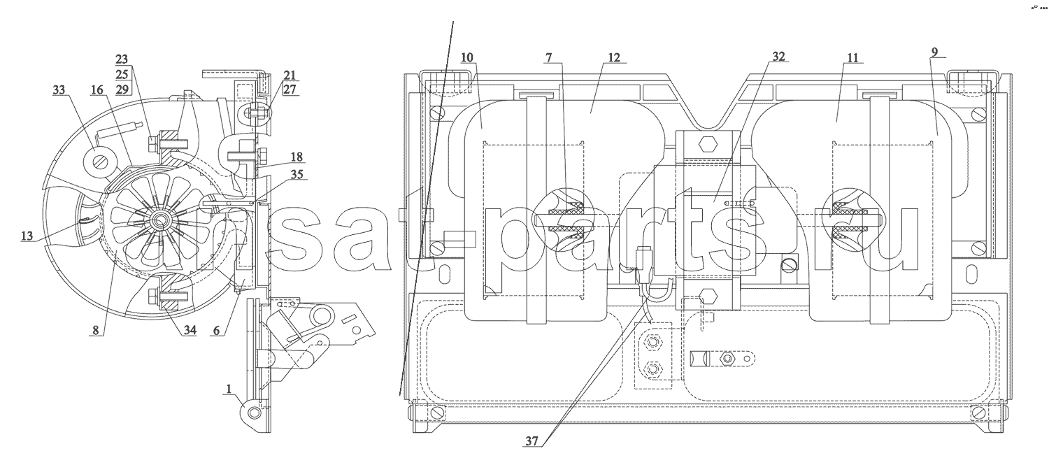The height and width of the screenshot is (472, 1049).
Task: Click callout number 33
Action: pyautogui.click(x=59, y=90)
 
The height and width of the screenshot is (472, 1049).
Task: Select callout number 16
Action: pyautogui.click(x=97, y=90)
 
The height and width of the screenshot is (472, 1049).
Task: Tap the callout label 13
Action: pyautogui.click(x=27, y=236)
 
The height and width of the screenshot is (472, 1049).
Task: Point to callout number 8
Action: pyautogui.click(x=96, y=330)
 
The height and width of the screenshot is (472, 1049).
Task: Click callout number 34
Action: pyautogui.click(x=190, y=330)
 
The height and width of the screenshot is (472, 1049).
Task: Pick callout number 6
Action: pyautogui.click(x=216, y=330)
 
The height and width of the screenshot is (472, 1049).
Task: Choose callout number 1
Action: pyautogui.click(x=229, y=389)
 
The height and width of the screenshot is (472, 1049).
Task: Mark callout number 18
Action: pyautogui.click(x=297, y=157)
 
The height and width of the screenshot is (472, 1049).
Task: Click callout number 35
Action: pyautogui.click(x=297, y=174)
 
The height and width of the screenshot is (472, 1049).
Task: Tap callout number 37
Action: pyautogui.click(x=531, y=441)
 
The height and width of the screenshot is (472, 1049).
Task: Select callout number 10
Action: pyautogui.click(x=467, y=57)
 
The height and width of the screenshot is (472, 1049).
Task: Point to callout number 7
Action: pyautogui.click(x=548, y=57)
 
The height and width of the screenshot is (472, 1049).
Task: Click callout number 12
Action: pyautogui.click(x=614, y=57)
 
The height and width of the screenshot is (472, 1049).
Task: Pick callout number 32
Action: pyautogui.click(x=778, y=57)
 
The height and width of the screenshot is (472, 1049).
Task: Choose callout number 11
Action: pyautogui.click(x=852, y=57)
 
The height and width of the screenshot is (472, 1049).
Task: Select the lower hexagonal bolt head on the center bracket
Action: pyautogui.click(x=708, y=296)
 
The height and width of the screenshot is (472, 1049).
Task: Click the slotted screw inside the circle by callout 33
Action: pyautogui.click(x=99, y=162)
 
